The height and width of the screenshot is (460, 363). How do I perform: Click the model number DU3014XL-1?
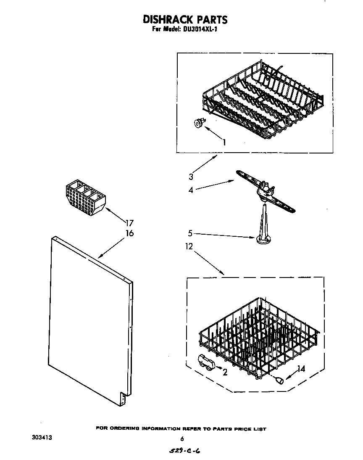(x=200, y=30)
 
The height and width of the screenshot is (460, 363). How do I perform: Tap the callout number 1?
(x=224, y=142)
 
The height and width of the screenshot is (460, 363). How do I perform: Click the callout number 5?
(x=190, y=232)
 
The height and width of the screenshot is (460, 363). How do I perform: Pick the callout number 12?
(x=189, y=246)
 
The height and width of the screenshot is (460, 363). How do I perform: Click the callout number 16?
(x=129, y=233)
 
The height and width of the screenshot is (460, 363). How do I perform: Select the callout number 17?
(x=129, y=223)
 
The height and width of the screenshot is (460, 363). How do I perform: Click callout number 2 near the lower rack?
(x=225, y=372)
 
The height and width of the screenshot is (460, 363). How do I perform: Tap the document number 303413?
(x=42, y=438)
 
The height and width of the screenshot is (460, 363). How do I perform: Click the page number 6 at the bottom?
(x=182, y=439)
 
